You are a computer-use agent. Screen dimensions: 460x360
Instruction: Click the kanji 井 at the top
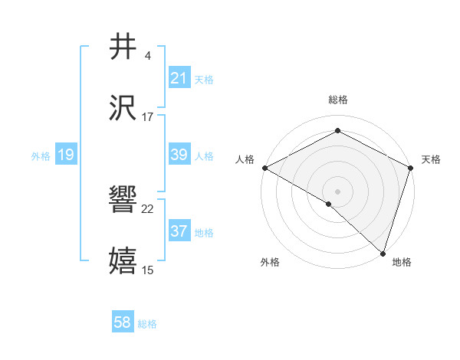[x=123, y=47]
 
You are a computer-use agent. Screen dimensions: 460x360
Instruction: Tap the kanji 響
[x=123, y=200]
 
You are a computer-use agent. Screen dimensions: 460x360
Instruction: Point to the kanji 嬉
[x=123, y=260]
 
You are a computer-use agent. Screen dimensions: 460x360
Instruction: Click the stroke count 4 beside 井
[x=147, y=56]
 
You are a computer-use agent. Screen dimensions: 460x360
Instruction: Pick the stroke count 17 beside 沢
[x=148, y=116]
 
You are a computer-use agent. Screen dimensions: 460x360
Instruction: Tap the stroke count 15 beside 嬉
[x=148, y=270]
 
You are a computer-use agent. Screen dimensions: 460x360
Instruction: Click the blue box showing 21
[x=179, y=78]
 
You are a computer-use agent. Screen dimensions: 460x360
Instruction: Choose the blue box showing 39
[x=179, y=155]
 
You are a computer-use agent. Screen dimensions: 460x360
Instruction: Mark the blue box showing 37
[x=179, y=231]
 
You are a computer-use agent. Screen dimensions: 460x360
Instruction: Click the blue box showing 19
[x=66, y=155]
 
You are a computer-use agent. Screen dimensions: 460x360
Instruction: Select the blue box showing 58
[x=123, y=323]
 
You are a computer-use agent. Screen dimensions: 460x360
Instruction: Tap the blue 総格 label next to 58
[x=147, y=324]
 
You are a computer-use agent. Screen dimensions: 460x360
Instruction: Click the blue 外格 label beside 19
[x=41, y=155]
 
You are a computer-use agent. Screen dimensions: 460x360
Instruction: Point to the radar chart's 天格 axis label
[x=431, y=159]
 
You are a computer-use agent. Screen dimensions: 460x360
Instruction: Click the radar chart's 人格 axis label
[x=244, y=159]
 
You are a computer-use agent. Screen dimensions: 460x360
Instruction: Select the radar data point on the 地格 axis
[x=383, y=253]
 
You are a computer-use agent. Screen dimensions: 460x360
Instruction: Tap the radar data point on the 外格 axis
[x=329, y=204]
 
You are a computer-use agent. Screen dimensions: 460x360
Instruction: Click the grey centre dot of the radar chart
[x=337, y=191]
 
